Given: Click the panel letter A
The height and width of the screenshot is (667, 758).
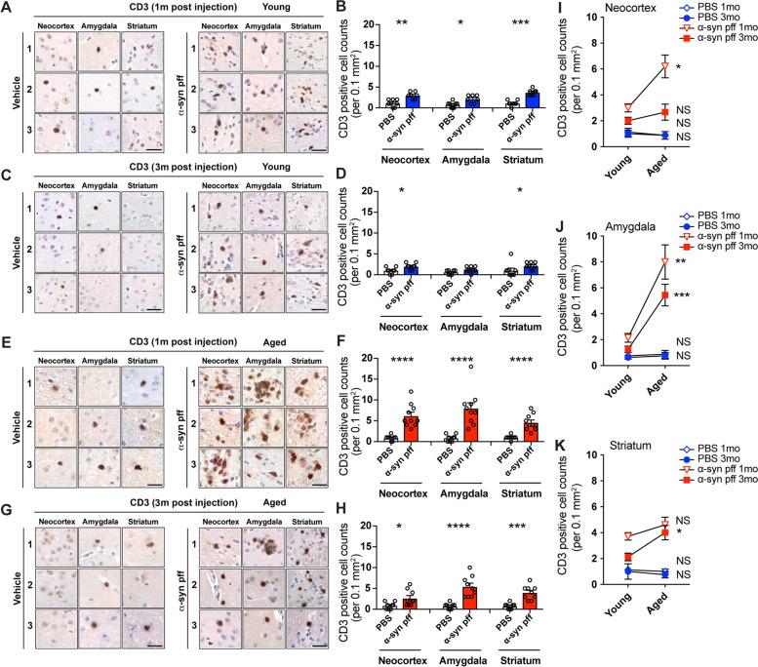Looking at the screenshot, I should click(x=8, y=8).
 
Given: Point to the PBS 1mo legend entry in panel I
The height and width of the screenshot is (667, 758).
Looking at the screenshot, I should click(x=700, y=9).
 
